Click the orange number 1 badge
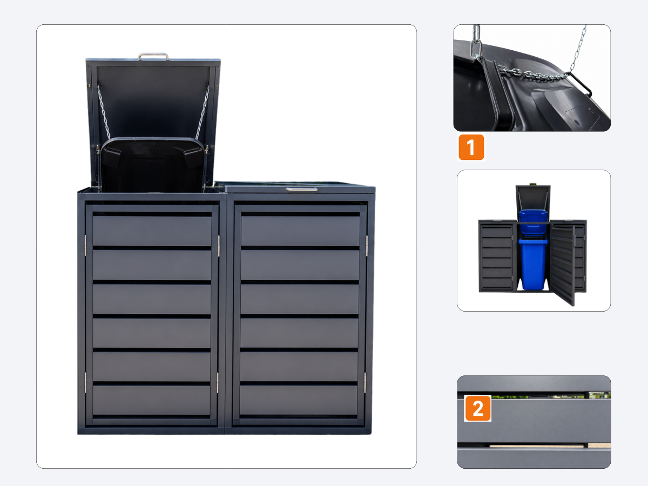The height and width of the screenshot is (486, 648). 471,147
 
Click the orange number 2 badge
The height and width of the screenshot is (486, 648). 478,408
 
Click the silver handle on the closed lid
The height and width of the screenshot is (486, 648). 302,189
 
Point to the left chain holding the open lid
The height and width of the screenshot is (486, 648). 104,112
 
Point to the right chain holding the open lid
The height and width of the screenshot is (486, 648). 202,112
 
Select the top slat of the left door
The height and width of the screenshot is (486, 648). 152,231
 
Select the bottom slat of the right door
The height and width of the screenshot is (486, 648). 299,400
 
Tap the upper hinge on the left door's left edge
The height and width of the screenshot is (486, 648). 86,245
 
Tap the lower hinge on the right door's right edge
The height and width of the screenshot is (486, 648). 365,382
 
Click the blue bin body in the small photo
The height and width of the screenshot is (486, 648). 533,264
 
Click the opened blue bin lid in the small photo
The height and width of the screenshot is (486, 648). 533,221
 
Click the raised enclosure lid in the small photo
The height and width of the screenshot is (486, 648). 533,198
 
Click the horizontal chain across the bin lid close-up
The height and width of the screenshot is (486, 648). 534,74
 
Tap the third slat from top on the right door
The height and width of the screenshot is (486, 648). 300,299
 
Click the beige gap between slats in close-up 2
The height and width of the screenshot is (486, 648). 537,446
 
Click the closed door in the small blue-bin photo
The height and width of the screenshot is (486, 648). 497,256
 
